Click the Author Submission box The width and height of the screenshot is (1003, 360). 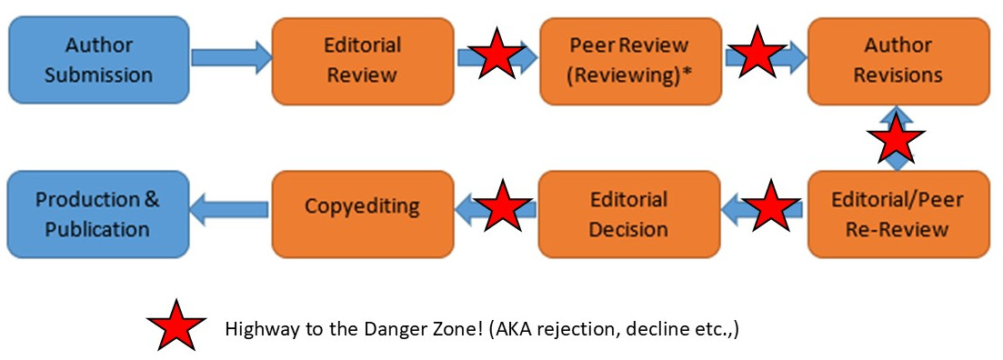pos(98,60)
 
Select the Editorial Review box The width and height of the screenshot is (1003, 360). pos(363,60)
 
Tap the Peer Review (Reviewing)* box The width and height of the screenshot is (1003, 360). pos(629,60)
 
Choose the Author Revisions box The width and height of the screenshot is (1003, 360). pos(898,60)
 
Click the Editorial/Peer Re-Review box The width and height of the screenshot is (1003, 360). pos(898,214)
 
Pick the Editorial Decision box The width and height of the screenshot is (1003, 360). pos(629,214)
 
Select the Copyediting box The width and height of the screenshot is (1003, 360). pos(363,206)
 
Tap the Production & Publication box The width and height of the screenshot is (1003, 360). pos(98,214)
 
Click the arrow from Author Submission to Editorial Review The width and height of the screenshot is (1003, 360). pos(231,58)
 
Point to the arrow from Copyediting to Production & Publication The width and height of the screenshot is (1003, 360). pos(231,209)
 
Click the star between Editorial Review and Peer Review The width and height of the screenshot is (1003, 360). pos(496,55)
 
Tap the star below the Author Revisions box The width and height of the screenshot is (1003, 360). pos(897,138)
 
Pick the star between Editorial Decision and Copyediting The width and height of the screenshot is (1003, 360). pos(503,206)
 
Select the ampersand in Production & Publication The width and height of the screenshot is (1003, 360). pos(154,199)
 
